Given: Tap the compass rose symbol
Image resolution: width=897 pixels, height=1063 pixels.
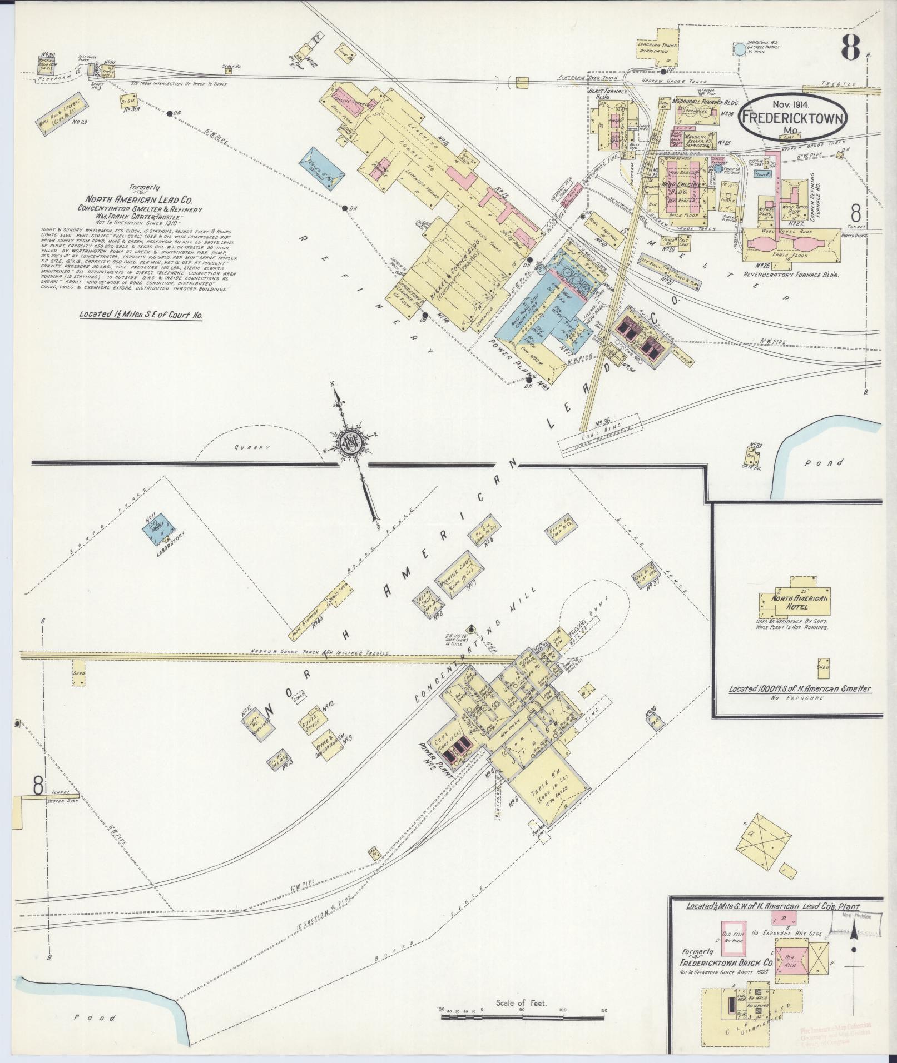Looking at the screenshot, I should pyautogui.click(x=352, y=443).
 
